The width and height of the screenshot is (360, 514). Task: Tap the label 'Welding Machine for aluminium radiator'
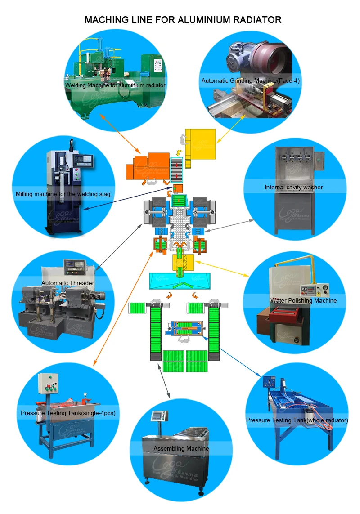115,85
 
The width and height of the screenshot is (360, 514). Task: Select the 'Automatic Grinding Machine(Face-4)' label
251,81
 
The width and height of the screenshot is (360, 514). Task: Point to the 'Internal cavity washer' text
293,187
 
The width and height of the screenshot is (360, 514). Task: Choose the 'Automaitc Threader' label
67,283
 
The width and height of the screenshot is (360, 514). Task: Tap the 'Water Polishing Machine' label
303,300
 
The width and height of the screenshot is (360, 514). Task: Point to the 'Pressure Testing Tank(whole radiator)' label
297,420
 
